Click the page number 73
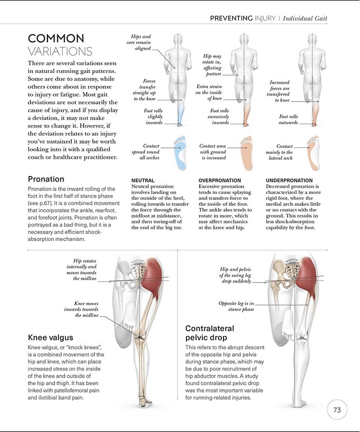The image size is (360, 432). pyautogui.click(x=337, y=410)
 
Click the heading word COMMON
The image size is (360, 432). pyautogui.click(x=56, y=38)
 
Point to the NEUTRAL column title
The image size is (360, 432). pyautogui.click(x=143, y=180)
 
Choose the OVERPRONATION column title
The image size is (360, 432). pyautogui.click(x=221, y=180)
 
